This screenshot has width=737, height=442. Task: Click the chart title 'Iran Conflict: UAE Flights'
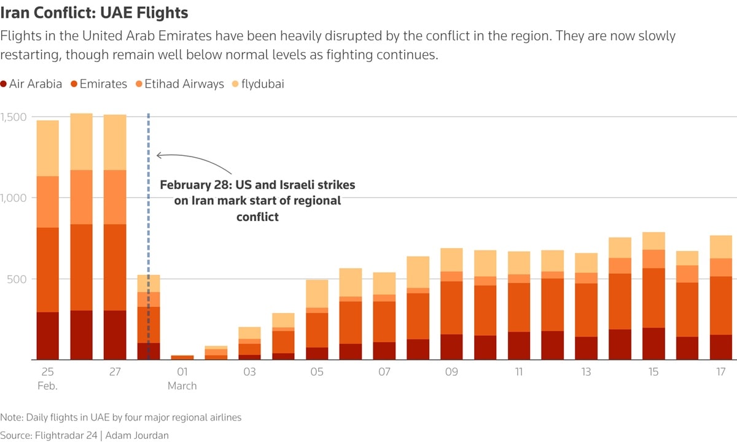[x=95, y=12]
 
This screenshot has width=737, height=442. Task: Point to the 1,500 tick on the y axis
[x=13, y=117]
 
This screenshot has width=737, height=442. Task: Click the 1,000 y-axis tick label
[x=13, y=198]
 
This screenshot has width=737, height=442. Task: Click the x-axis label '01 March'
[x=182, y=379]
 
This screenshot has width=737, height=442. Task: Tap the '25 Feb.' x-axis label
[x=48, y=379]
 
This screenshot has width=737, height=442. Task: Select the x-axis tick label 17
[x=721, y=372]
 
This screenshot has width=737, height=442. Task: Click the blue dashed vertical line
[x=149, y=246]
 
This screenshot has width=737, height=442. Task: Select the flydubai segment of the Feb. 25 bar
[x=48, y=148]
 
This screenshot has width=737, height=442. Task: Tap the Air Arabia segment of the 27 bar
[x=115, y=335]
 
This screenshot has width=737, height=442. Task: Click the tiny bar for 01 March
[x=182, y=357]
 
